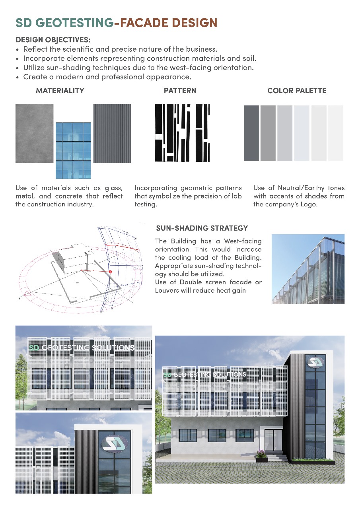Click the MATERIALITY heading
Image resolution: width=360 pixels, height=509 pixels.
60,91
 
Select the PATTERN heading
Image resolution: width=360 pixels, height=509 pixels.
180,91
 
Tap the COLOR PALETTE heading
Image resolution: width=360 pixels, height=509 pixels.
297,91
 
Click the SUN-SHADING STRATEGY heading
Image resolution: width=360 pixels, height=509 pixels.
202,228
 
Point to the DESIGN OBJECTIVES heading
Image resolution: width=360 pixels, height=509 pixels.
53,40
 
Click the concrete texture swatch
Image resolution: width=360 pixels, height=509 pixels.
34,133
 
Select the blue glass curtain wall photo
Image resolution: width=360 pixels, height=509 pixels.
73,150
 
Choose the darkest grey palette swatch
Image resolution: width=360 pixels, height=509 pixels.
251,133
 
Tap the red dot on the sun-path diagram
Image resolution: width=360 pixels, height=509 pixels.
111,272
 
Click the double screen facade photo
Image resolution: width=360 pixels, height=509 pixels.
308,269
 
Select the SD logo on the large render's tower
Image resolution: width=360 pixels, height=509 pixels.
315,363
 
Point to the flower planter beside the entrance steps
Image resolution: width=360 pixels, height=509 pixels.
262,456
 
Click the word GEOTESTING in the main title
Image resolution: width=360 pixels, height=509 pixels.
76,23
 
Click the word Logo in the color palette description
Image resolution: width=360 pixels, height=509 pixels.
308,204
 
